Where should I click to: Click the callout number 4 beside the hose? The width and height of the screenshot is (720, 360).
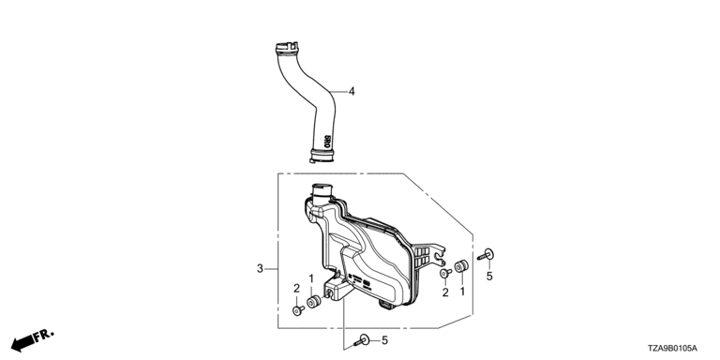pos(352,92)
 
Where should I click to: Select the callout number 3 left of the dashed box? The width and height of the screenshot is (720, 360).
pos(260,269)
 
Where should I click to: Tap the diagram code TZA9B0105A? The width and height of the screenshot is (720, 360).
pos(672,349)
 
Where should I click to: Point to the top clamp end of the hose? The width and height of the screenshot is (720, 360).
pos(287,48)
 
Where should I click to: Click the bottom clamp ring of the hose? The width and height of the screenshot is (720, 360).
pos(322,156)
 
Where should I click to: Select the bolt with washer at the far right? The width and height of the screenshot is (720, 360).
pos(486,254)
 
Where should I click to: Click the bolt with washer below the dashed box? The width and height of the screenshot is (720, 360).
pos(362,340)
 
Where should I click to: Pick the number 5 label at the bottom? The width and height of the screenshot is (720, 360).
pos(384,340)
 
